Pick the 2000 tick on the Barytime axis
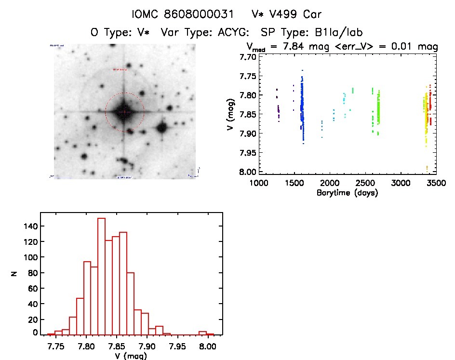coord(330,183)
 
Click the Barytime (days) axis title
coord(347,193)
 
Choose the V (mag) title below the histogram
coord(131,356)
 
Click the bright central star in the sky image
coord(124,112)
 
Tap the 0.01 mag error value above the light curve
coord(396,47)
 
